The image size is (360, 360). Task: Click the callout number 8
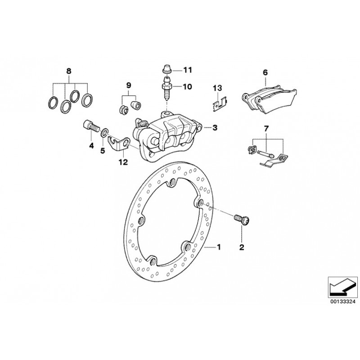69,71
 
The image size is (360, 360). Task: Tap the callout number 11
187,70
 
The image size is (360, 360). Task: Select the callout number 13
217,88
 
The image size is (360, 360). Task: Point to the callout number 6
265,72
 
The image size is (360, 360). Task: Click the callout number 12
123,162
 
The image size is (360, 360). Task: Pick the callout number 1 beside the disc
219,247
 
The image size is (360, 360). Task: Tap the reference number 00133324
343,301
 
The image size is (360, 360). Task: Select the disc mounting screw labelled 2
242,220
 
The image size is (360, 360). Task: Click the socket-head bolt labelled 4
90,126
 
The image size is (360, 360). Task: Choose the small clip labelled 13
219,104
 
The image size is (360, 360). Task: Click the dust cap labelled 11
166,69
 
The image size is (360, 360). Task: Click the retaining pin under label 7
265,153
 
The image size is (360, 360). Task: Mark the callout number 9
129,85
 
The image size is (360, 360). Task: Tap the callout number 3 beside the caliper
215,127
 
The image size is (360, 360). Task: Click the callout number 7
266,129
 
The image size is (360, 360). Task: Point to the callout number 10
187,86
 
